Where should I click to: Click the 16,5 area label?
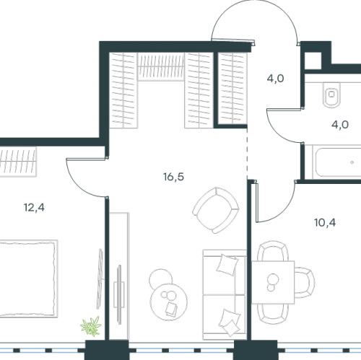click(173, 177)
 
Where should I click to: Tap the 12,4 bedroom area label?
click(34, 208)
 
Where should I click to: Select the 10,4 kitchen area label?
click(325, 223)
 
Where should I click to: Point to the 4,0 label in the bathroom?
click(340, 125)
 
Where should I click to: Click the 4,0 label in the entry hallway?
click(275, 79)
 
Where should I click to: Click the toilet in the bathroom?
click(332, 95)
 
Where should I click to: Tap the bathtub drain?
click(352, 162)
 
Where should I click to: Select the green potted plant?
click(91, 326)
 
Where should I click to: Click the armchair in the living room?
click(216, 210)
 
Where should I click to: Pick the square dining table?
click(273, 282)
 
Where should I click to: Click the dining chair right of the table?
click(305, 283)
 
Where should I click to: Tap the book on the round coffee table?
click(172, 309)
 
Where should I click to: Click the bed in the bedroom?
click(28, 278)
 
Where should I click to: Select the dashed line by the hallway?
click(247, 154)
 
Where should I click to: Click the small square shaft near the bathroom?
click(313, 61)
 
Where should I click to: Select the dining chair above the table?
click(273, 251)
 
